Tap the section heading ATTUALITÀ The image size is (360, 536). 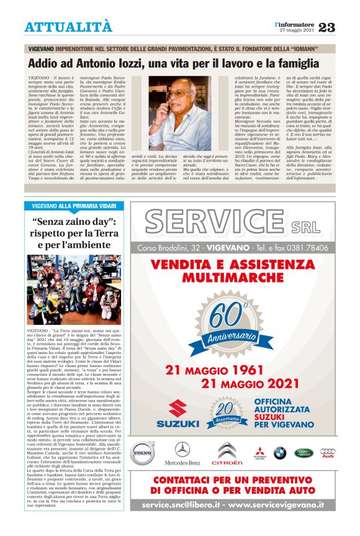68,27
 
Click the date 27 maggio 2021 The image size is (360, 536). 296,30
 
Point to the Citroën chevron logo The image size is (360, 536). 227,450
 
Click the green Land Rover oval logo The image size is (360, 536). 305,453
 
